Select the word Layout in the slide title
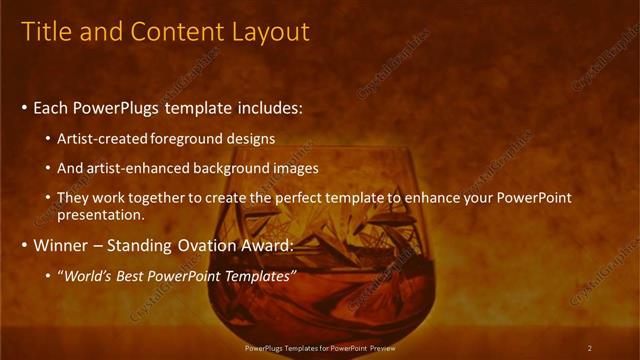pyautogui.click(x=272, y=32)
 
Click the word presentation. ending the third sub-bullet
pyautogui.click(x=101, y=214)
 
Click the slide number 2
pyautogui.click(x=590, y=347)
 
